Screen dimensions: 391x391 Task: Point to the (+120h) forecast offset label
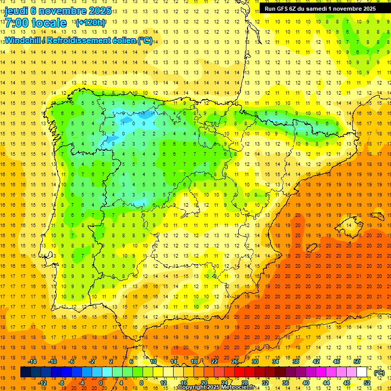[x=90, y=23]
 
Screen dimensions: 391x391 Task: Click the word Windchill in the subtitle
[x=25, y=40]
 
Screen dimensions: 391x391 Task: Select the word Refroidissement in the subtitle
[x=89, y=40]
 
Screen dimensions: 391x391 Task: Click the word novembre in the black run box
[x=351, y=9]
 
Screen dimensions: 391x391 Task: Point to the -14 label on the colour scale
[x=34, y=361]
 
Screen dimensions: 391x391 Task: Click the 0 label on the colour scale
[x=101, y=383]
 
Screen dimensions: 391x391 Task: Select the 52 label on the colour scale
[x=367, y=383]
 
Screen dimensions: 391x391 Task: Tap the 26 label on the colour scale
[x=234, y=361]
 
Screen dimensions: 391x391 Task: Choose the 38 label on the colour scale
[x=295, y=361]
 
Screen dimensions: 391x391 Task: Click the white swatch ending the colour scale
[x=362, y=372]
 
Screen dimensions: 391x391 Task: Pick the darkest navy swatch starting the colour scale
[x=25, y=372]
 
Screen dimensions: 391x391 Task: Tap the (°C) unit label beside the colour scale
[x=379, y=373]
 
